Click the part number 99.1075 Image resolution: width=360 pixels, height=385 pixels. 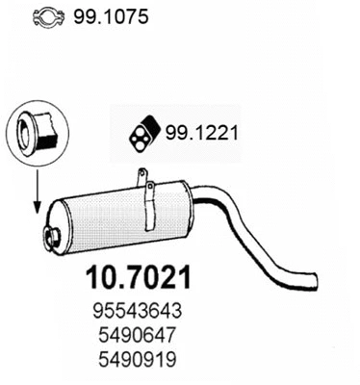(111, 16)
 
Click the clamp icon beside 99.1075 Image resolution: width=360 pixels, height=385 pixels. (50, 17)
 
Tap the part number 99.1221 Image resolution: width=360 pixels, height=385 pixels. (202, 133)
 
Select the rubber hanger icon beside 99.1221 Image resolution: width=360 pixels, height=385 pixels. (144, 134)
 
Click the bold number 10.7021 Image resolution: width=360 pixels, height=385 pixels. (139, 278)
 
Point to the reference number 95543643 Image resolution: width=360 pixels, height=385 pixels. (138, 311)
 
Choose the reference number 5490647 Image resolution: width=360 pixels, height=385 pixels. (138, 335)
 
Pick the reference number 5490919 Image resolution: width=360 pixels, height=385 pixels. (138, 359)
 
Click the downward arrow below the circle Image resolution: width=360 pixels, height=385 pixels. (38, 192)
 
